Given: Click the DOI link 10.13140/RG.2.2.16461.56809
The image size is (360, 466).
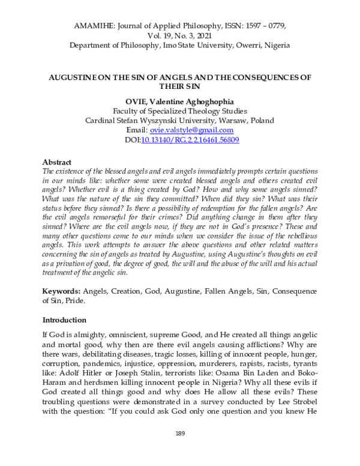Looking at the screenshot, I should (190, 139).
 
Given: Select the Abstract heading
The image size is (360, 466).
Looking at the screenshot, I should (58, 162).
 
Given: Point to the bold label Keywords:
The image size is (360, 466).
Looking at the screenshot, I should (62, 291).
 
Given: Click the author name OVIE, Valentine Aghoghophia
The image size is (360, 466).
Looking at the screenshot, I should (180, 101).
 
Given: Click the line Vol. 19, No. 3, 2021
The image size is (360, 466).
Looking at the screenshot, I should (180, 35).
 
